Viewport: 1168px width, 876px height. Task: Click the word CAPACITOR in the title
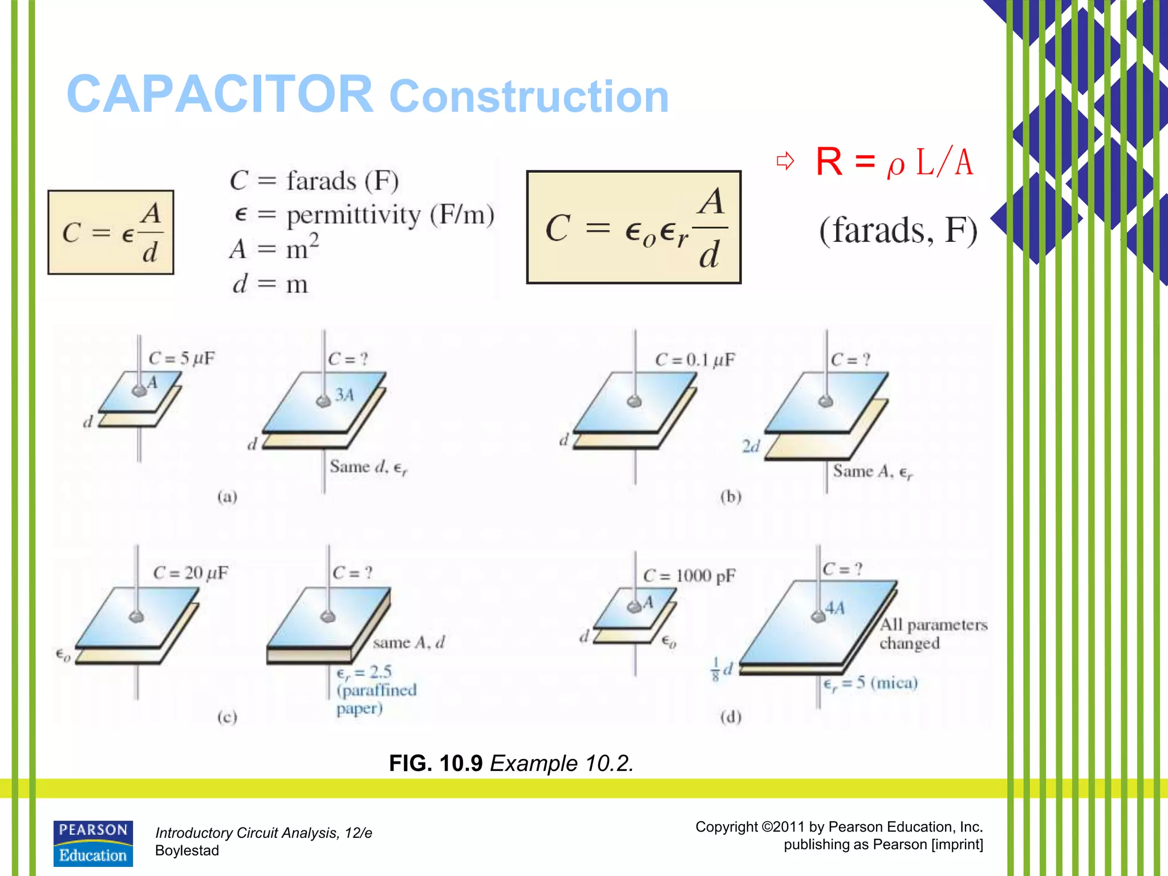coord(220,95)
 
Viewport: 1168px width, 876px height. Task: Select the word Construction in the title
coord(529,96)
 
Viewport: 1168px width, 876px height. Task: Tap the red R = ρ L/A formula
coord(894,162)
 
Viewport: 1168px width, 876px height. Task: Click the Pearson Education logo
coord(93,843)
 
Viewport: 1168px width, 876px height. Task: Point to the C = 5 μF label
coord(181,358)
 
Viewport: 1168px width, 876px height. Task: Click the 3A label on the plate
coord(344,394)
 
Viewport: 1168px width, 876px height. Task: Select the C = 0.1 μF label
coord(695,360)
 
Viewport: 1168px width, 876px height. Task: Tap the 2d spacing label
coord(751,446)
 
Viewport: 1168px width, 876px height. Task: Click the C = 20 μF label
coord(190,573)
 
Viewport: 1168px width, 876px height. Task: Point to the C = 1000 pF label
coord(689,575)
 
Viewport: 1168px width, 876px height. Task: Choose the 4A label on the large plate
coord(834,609)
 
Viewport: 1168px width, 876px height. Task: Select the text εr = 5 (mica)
coord(870,683)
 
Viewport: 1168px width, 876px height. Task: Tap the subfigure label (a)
coord(227,497)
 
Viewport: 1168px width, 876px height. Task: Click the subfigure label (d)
coord(731,716)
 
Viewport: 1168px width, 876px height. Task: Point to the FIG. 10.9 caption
coord(511,763)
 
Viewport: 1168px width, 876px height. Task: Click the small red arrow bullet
coord(785,161)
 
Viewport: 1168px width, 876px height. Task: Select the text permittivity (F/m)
coord(390,215)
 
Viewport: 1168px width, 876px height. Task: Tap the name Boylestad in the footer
coord(187,850)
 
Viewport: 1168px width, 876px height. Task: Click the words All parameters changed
coord(932,634)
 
